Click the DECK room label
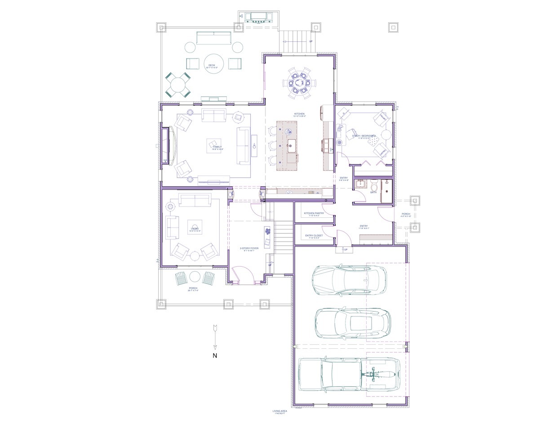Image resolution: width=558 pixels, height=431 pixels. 212,65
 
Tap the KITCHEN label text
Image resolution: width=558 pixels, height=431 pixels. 299,114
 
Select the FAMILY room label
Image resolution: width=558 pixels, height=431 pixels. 217,147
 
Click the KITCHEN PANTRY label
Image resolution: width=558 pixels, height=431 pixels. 314,214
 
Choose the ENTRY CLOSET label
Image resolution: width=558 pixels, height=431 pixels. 314,235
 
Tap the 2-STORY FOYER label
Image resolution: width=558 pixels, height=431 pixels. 248,248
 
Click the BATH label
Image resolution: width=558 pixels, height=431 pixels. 373,193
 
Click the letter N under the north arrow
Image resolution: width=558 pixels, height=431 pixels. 215,356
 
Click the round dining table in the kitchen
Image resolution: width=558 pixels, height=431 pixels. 299,83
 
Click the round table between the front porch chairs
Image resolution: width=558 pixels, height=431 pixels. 194,277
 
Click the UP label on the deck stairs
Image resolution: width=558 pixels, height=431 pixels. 310,41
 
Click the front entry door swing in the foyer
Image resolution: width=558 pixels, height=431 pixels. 241,275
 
